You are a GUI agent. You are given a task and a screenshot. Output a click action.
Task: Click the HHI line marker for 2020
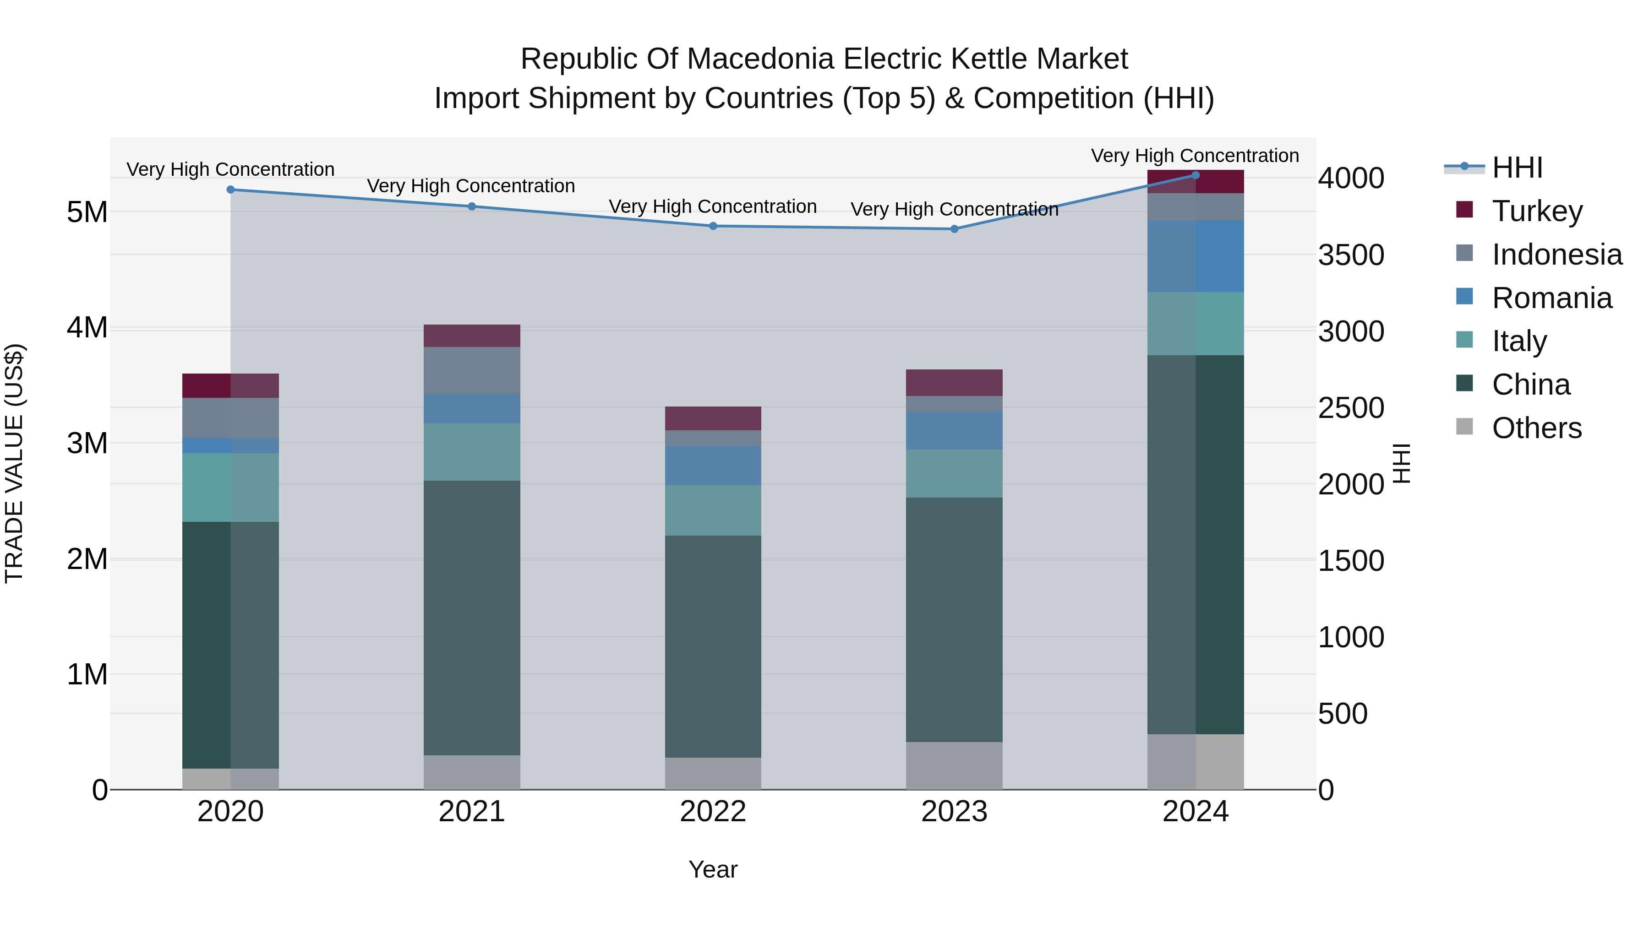(x=230, y=190)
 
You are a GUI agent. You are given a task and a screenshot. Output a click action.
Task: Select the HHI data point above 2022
(x=713, y=226)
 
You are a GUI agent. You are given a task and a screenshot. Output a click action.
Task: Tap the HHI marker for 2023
(x=955, y=229)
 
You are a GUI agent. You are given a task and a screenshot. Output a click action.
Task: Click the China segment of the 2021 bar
(x=472, y=618)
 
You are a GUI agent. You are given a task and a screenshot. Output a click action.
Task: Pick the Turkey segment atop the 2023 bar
(x=955, y=383)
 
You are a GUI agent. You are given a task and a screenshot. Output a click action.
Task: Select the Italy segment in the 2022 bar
(x=713, y=510)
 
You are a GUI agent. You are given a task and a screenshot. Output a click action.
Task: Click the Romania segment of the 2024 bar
(x=1195, y=256)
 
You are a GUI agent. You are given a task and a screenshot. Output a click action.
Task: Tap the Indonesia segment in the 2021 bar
(x=472, y=370)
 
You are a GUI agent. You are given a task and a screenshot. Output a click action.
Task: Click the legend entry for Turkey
(x=1537, y=211)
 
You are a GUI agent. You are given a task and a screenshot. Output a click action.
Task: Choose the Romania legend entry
(x=1552, y=298)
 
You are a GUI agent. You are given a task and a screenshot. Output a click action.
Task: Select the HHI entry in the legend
(x=1517, y=168)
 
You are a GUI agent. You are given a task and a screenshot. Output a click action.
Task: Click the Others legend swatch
(x=1465, y=427)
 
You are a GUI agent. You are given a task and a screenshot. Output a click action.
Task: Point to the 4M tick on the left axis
(x=87, y=328)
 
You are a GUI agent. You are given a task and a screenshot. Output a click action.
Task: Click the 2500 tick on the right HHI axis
(x=1351, y=408)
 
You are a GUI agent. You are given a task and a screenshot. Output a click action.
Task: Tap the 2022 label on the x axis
(x=713, y=812)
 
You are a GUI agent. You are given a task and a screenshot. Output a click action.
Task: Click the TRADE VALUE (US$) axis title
(x=14, y=463)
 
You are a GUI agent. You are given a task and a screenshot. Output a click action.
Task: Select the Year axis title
(x=713, y=869)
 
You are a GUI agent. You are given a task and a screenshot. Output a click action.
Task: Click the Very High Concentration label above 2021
(x=471, y=186)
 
